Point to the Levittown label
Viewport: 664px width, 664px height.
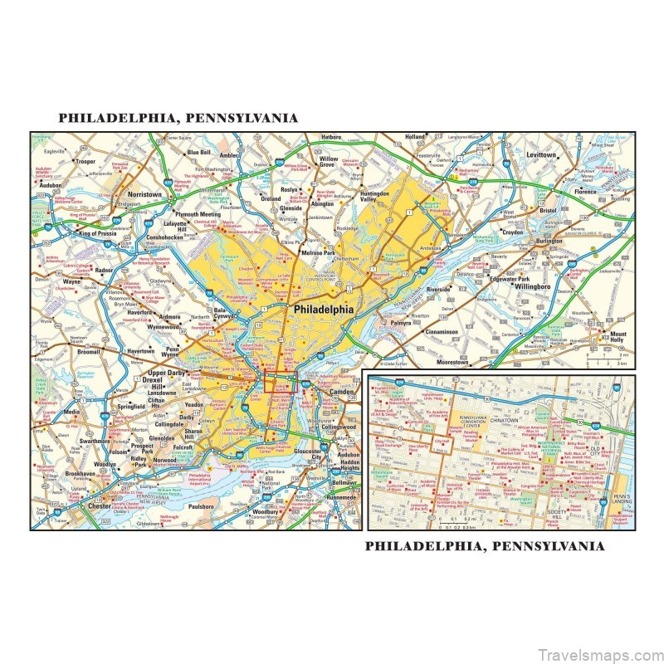(x=540, y=155)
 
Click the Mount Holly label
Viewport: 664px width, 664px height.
(x=618, y=335)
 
